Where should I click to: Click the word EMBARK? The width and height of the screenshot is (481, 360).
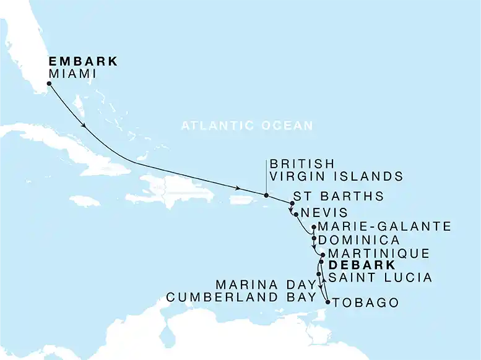tap(82, 62)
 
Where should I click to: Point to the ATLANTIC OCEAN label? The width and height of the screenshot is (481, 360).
tap(248, 126)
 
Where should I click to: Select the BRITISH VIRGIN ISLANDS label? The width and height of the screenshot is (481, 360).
tap(336, 170)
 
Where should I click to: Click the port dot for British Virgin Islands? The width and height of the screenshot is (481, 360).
tap(266, 196)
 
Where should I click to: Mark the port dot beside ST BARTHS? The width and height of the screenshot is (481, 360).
tap(292, 204)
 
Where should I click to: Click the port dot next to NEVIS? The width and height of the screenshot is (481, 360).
tap(297, 215)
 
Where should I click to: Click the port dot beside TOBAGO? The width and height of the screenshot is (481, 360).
tap(327, 301)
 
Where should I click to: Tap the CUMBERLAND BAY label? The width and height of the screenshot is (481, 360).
tap(241, 297)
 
